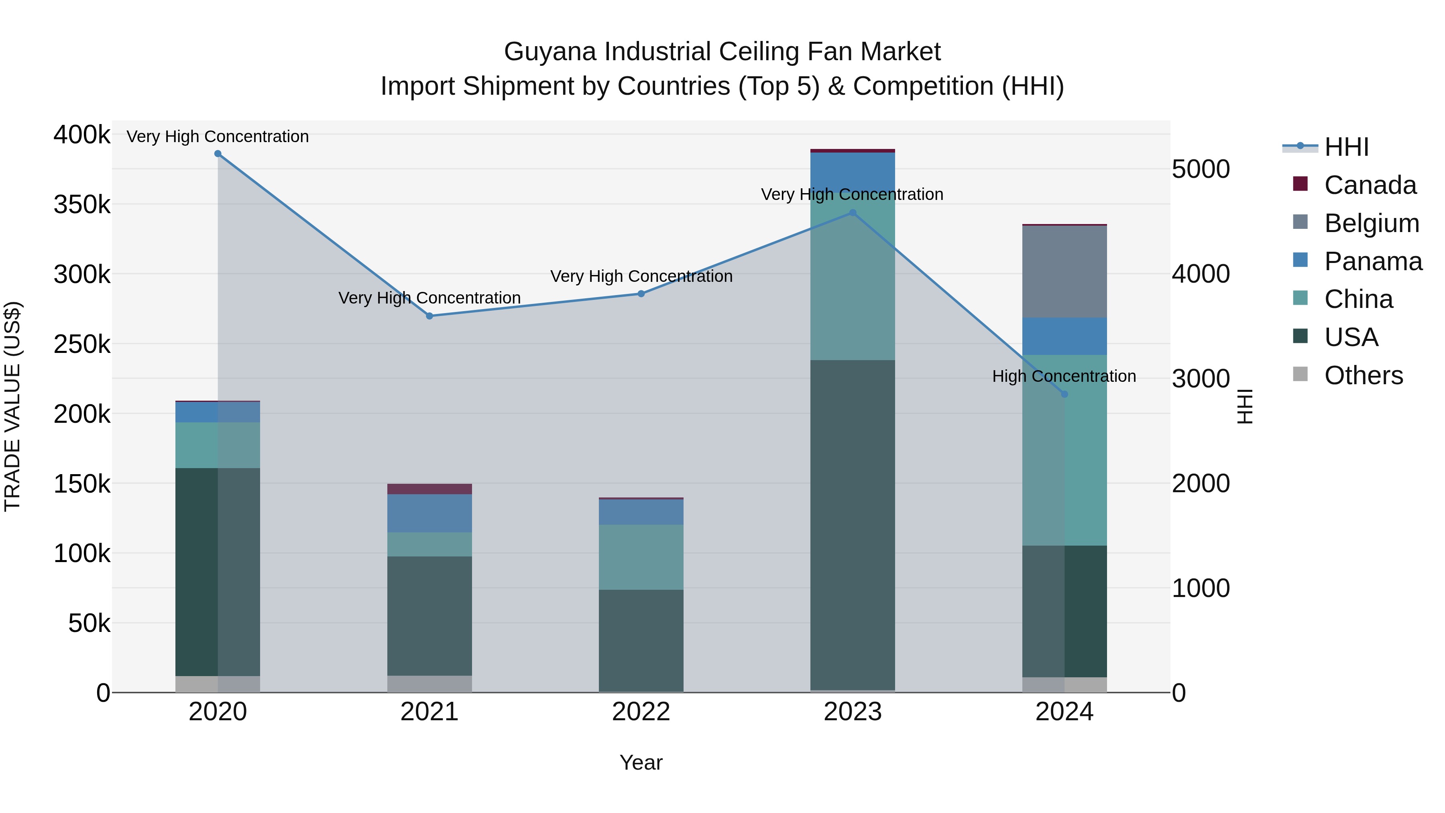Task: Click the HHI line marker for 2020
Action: click(x=218, y=154)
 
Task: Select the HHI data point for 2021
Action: click(x=429, y=316)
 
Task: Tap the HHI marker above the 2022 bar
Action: click(x=641, y=293)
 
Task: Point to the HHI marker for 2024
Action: click(x=1064, y=394)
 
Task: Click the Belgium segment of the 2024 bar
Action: click(x=1064, y=271)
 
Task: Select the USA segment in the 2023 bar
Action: click(x=853, y=525)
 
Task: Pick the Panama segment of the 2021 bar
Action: click(x=429, y=513)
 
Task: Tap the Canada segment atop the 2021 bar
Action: click(x=429, y=489)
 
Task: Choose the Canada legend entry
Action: click(x=1370, y=185)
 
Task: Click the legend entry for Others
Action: click(x=1363, y=375)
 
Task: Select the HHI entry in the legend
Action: click(x=1346, y=147)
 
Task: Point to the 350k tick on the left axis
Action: click(x=82, y=205)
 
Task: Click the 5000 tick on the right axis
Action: click(x=1201, y=169)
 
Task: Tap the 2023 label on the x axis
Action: click(x=853, y=712)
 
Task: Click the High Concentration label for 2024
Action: click(x=1064, y=376)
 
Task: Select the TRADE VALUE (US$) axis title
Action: click(x=12, y=406)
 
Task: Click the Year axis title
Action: click(x=641, y=762)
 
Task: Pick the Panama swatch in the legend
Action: click(x=1300, y=260)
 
